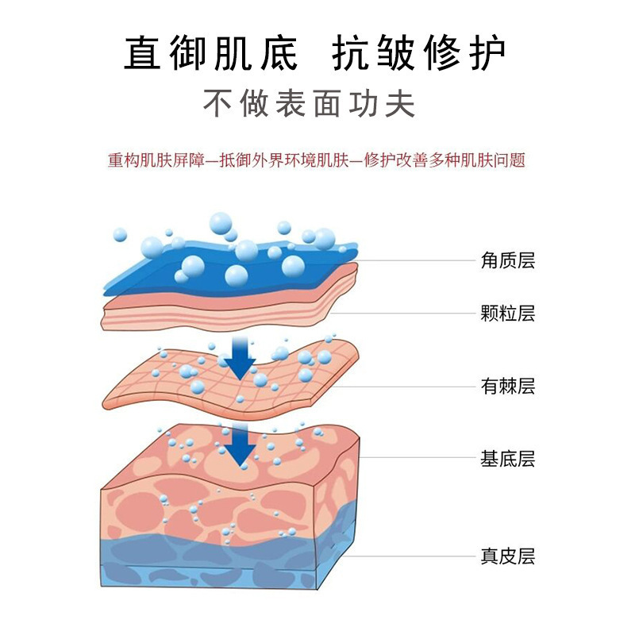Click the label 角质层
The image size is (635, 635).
coord(508,260)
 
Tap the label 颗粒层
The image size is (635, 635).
coord(508,314)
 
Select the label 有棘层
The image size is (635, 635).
coord(508,387)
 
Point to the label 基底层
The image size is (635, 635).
coord(508,458)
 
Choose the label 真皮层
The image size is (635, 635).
coord(508,556)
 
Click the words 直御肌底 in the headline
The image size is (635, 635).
coord(212,55)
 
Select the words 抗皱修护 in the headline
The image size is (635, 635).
coord(418,55)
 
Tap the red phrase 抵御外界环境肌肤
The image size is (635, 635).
coord(279,160)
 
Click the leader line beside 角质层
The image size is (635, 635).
coord(413,260)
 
